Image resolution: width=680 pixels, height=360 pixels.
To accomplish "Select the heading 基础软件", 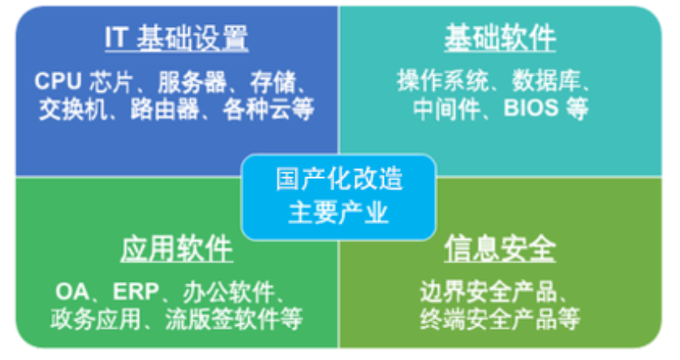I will (x=500, y=38).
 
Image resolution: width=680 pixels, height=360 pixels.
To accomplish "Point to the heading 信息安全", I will (x=500, y=249).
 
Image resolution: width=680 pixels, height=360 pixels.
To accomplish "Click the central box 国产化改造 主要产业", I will (x=339, y=196).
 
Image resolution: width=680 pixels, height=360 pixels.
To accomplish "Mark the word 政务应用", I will (x=83, y=318).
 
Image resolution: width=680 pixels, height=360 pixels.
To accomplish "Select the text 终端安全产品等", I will (x=500, y=318).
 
